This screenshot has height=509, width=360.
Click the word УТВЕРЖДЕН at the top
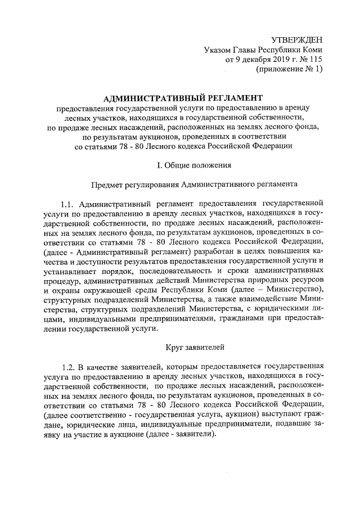pyautogui.click(x=296, y=40)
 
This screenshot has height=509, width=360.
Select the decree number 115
pyautogui.click(x=315, y=60)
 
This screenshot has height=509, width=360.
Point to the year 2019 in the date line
pyautogui.click(x=270, y=60)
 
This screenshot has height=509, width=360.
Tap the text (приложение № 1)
pyautogui.click(x=289, y=70)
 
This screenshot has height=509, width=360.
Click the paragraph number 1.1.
pyautogui.click(x=68, y=202)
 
